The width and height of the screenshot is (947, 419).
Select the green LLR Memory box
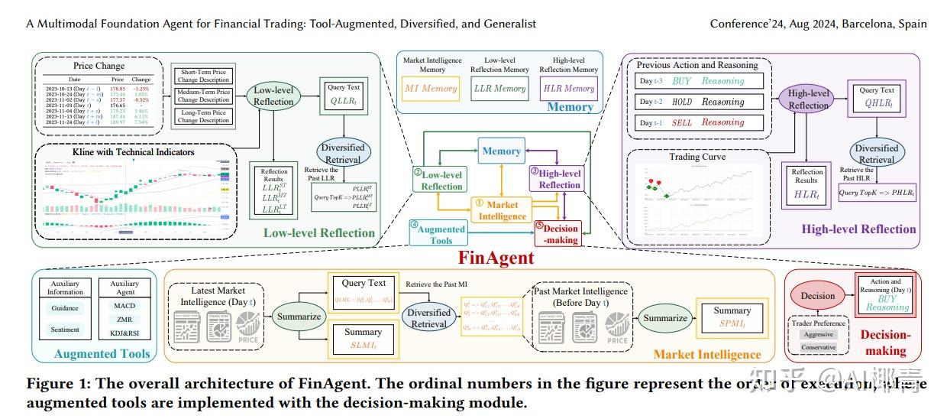[x=499, y=89]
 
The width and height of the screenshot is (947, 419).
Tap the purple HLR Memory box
[x=568, y=89]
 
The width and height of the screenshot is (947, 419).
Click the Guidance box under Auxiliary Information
[x=65, y=309]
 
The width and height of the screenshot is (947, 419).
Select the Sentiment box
[x=65, y=331]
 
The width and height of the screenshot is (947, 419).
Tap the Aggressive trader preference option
[x=818, y=334]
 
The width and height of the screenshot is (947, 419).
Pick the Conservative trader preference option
[x=818, y=348]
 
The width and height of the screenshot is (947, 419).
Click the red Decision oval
[x=817, y=296]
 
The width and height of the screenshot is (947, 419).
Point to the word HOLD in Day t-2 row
[x=682, y=102]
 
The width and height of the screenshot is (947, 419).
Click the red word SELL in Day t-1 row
[x=682, y=122]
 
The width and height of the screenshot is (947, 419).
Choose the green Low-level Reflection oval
[x=273, y=96]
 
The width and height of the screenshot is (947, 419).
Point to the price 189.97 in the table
[x=118, y=122]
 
